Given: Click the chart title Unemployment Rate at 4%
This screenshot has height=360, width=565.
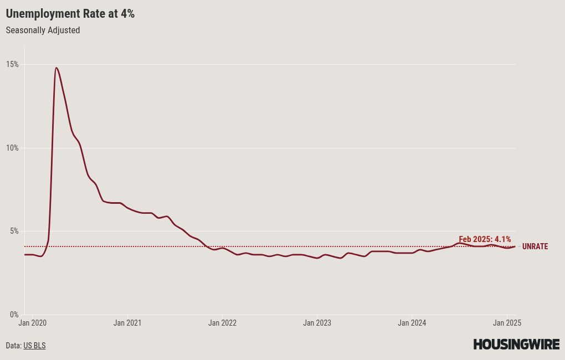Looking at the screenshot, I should (70, 14).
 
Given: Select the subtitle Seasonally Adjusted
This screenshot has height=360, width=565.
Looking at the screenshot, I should (43, 30).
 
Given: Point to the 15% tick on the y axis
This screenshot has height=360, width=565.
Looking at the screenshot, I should (12, 64).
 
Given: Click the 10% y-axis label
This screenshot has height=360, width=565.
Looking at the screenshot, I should (12, 148).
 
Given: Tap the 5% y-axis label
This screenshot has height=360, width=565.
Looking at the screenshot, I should (14, 231).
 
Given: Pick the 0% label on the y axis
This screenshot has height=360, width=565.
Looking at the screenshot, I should (14, 315).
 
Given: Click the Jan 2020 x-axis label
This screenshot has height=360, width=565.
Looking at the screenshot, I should (33, 323).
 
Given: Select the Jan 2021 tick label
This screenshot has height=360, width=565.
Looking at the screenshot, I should (127, 323).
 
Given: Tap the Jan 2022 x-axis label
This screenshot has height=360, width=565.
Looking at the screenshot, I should (222, 323).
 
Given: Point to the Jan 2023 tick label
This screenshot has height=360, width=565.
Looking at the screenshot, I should (317, 323).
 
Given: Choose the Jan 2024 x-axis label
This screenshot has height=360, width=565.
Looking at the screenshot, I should (412, 323).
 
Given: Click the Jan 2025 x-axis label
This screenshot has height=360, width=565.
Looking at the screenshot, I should (507, 323).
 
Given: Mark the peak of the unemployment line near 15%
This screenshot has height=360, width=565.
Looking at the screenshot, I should (56, 68).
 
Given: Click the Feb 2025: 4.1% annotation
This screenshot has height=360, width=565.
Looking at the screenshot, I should (485, 239).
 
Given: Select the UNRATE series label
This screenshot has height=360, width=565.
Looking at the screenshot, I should (535, 246).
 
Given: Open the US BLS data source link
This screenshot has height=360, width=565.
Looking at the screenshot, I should (34, 346).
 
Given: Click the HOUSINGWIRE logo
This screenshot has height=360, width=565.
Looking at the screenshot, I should (516, 344).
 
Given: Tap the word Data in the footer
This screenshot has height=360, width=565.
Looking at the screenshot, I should (13, 346).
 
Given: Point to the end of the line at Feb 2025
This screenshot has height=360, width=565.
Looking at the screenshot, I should (515, 246).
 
